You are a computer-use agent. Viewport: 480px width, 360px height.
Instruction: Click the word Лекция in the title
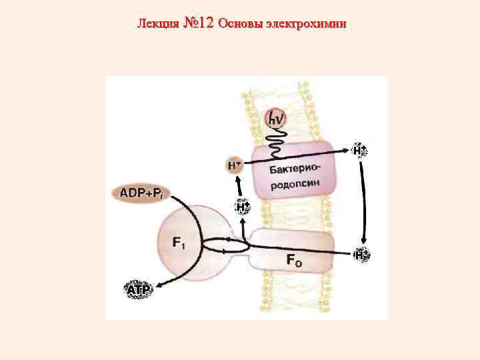click(157, 24)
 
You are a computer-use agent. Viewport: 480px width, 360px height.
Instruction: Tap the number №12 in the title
click(197, 23)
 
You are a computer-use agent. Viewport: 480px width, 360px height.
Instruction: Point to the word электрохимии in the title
click(311, 24)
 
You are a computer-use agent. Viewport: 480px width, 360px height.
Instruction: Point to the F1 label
click(179, 243)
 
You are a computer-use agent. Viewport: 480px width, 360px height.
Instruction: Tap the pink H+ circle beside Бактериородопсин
click(235, 165)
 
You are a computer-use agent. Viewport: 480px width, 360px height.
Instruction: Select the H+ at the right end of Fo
click(362, 254)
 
